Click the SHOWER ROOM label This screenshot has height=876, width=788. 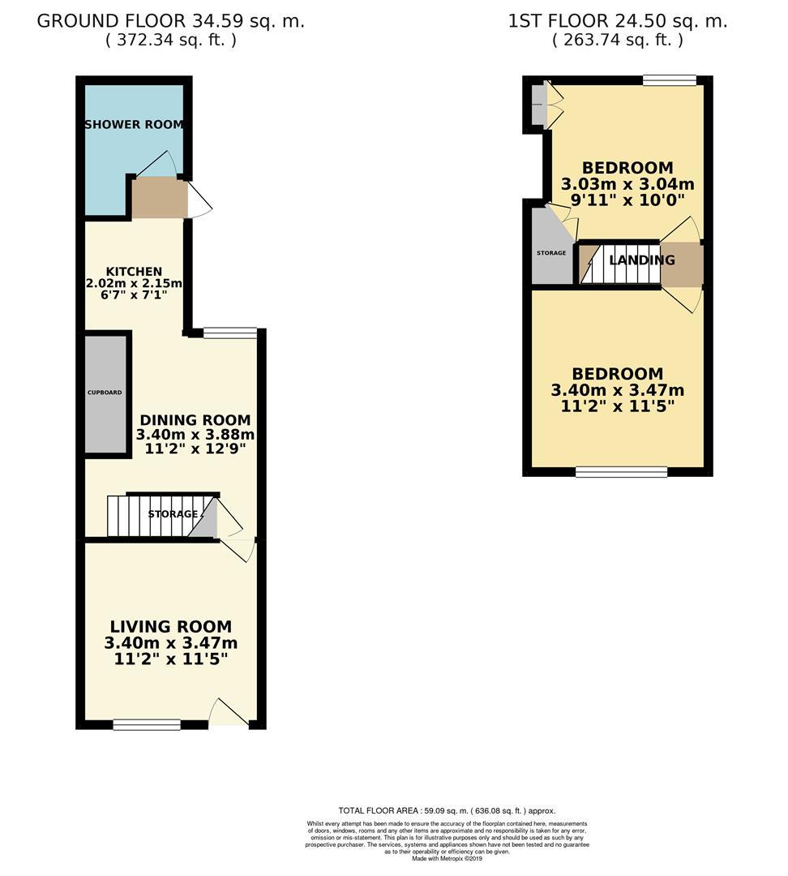coord(135,125)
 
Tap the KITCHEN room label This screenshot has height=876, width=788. coord(134,271)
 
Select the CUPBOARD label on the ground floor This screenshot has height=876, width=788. coord(105,393)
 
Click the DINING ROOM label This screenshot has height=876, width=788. coord(195,420)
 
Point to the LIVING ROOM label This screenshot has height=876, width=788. coord(171,626)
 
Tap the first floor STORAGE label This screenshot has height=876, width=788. coord(551,253)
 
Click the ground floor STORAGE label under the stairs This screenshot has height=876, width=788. coord(173,514)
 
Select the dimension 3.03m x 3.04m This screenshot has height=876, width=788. coord(627,184)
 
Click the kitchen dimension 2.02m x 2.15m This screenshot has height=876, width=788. coord(134,283)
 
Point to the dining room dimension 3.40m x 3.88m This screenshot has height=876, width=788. coord(195,435)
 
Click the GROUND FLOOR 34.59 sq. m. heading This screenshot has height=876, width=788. coord(171,22)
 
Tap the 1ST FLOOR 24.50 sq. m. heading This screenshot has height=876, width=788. coord(618,22)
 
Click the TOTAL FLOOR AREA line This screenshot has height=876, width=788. coord(447,810)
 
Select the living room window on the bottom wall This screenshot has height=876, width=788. coord(147,724)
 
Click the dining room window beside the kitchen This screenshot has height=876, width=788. coord(230,332)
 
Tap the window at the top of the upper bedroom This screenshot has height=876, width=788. coord(670,79)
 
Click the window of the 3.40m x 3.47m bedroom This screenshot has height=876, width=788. coord(622,471)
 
